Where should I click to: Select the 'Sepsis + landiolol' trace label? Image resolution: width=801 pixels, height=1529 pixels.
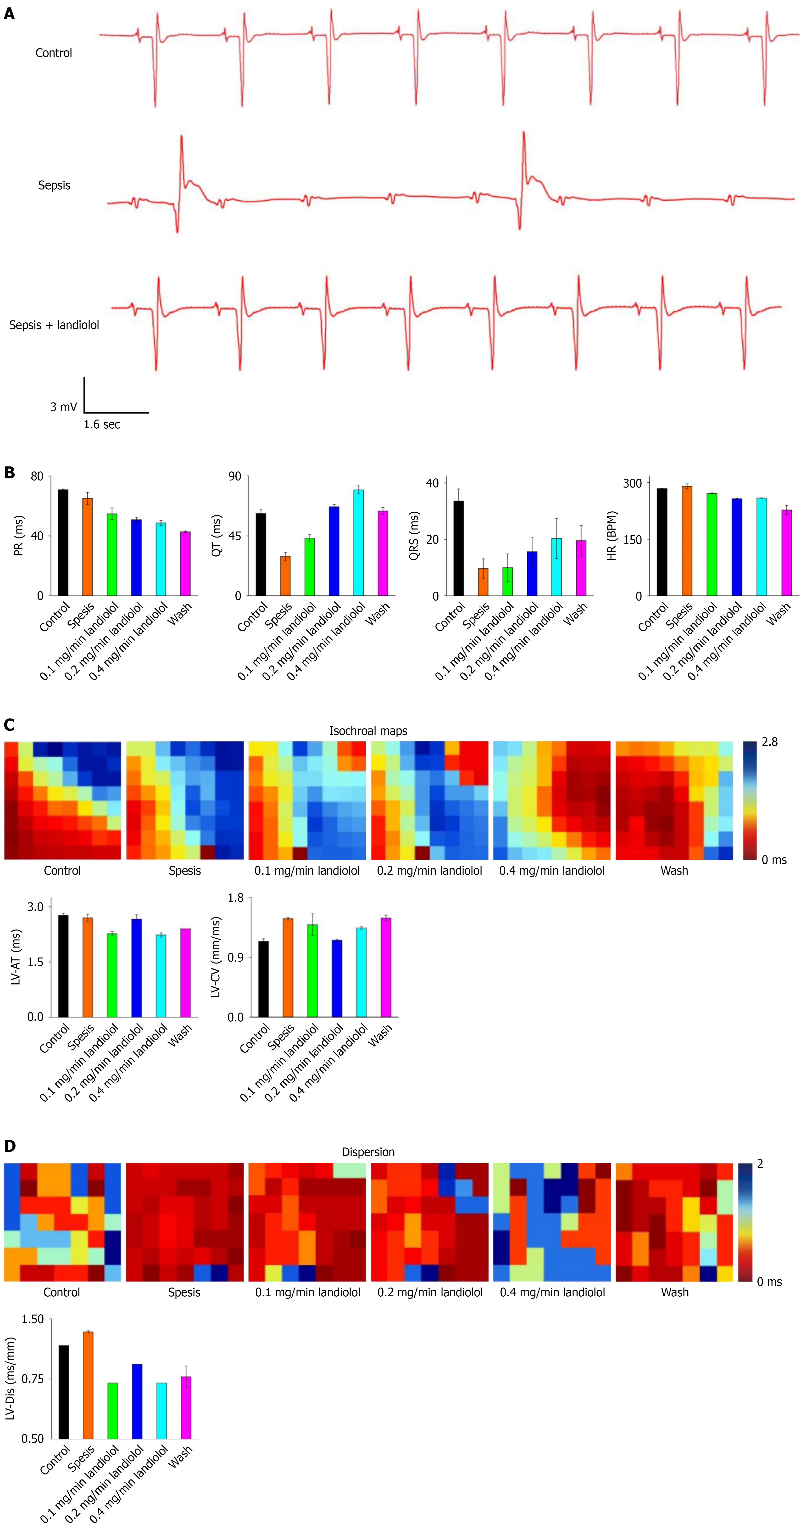tap(54, 325)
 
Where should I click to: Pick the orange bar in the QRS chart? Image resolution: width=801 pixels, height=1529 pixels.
tap(483, 582)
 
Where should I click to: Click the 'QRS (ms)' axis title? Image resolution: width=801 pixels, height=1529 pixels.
tap(414, 535)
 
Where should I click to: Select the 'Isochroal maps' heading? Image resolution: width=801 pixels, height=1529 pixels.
tap(368, 731)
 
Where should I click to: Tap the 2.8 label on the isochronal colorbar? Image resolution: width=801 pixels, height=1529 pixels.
tap(770, 742)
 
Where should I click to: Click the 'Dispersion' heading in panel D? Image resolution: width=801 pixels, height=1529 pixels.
tap(368, 1152)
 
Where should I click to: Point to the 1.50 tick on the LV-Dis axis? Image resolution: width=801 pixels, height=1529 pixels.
tap(33, 1319)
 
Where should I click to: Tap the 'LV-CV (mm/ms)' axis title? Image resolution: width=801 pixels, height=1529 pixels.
tap(216, 957)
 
